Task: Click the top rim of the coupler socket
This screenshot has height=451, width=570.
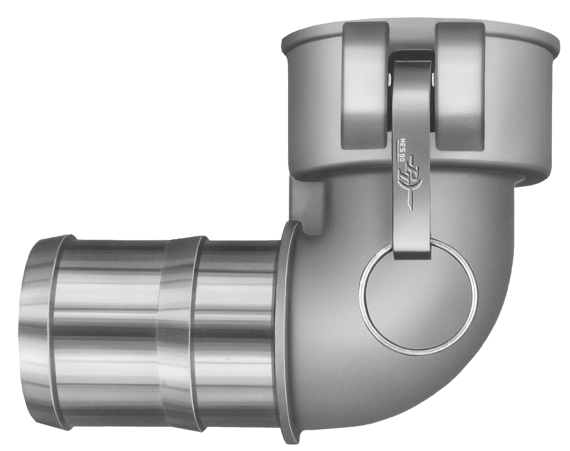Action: coord(418,36)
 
